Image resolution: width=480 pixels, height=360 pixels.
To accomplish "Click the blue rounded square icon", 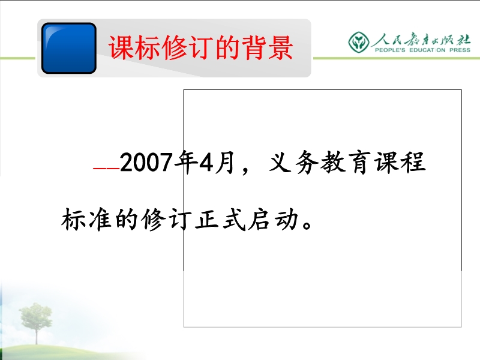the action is click(69, 48).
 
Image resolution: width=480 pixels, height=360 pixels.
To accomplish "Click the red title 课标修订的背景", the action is click(201, 47).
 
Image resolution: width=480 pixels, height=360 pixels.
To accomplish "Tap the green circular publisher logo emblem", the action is click(358, 42).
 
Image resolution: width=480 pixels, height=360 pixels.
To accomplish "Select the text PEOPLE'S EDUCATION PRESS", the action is click(422, 50).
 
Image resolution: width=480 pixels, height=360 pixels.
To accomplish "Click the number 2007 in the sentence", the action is click(146, 162).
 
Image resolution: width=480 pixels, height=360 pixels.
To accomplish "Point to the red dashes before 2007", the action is click(106, 169).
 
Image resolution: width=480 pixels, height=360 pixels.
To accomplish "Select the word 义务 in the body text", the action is click(293, 162).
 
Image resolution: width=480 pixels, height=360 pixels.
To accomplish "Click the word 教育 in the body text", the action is click(344, 162).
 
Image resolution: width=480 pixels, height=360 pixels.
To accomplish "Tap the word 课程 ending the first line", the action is click(400, 162).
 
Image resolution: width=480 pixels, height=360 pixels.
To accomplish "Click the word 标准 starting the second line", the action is click(86, 219).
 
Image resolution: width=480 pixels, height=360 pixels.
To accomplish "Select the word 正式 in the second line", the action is click(220, 219).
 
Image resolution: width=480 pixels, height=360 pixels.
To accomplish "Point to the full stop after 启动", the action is click(307, 224).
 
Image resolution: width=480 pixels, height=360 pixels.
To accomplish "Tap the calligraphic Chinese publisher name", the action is click(421, 39).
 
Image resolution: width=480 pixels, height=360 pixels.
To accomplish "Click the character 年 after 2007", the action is click(185, 162).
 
